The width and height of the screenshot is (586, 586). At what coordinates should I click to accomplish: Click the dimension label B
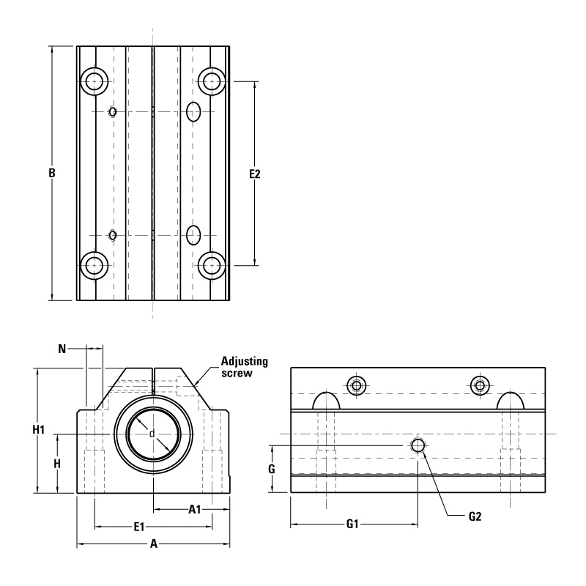(x=52, y=173)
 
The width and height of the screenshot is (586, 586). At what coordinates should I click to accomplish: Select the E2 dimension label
(x=254, y=174)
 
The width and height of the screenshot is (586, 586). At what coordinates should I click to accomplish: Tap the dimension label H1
(x=39, y=430)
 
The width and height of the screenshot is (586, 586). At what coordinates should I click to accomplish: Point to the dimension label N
(x=62, y=349)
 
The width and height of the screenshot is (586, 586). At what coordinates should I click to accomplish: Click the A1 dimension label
(x=195, y=509)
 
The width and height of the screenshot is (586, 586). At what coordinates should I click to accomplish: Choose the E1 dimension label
(x=139, y=527)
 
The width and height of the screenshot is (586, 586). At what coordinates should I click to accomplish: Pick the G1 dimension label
(x=352, y=524)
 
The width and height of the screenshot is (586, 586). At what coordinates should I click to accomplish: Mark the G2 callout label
(x=475, y=516)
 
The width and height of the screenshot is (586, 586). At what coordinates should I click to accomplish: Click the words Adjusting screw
(x=245, y=367)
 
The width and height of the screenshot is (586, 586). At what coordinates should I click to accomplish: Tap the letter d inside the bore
(x=152, y=434)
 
